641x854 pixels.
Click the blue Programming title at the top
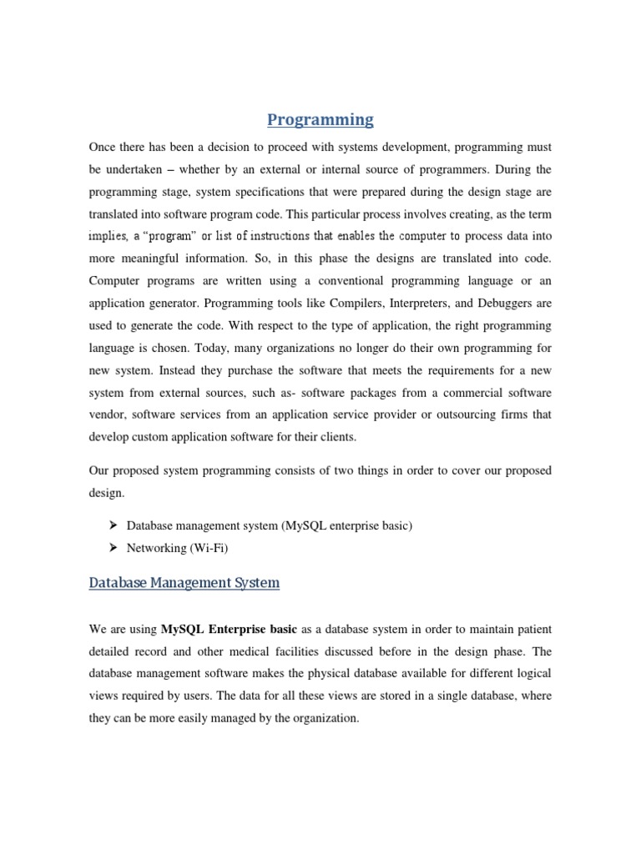click(320, 120)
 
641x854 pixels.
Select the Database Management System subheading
click(184, 583)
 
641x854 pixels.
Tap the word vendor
click(106, 414)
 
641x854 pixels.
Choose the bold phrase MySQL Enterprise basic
click(228, 628)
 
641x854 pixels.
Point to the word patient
click(532, 628)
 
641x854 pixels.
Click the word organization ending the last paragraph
click(322, 716)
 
